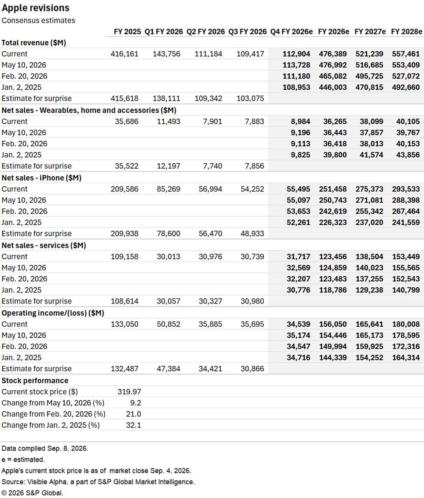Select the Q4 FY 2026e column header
pos(291,32)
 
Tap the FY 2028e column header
pos(407,32)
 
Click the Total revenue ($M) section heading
pos(33,43)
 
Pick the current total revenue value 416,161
pos(125,54)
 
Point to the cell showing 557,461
pos(406,54)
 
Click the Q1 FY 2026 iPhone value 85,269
pos(168,189)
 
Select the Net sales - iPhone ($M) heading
pos(41,178)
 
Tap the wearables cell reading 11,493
pos(168,121)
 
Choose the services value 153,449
pos(406,256)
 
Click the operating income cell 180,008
pos(406,324)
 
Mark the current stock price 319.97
pos(129,392)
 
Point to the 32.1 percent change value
pos(134,425)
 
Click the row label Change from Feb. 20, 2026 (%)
pos(53,414)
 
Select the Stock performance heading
pos(35,381)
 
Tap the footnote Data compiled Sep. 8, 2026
pos(45,448)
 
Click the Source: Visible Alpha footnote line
pos(98,482)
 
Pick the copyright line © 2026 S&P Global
pos(32,493)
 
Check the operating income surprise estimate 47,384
pos(168,369)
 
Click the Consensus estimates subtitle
pos(38,21)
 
